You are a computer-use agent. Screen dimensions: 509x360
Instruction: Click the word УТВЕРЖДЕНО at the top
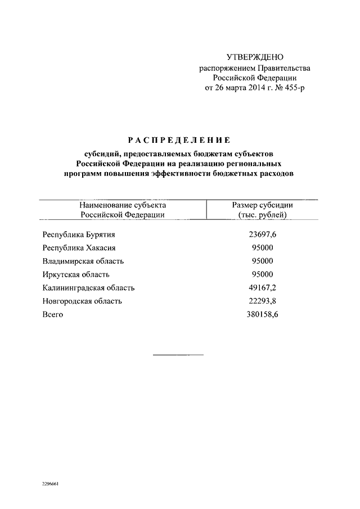[x=255, y=57]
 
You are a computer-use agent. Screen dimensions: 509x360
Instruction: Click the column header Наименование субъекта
[x=122, y=205]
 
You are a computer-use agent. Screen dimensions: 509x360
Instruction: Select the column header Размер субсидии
[x=262, y=205]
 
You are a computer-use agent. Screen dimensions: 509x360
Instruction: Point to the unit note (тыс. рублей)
[x=262, y=215]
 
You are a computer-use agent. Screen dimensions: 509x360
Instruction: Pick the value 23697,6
[x=262, y=235]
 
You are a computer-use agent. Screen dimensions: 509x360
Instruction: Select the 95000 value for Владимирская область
[x=262, y=261]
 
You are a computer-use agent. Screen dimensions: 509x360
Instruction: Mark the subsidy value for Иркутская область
[x=262, y=274]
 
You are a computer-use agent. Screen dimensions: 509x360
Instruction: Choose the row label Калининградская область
[x=88, y=288]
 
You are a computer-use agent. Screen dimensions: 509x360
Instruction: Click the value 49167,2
[x=262, y=288]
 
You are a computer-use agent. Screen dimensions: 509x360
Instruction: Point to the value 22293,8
[x=262, y=301]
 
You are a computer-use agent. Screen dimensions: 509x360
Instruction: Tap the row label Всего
[x=53, y=315]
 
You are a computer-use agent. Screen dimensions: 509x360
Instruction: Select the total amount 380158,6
[x=262, y=315]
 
